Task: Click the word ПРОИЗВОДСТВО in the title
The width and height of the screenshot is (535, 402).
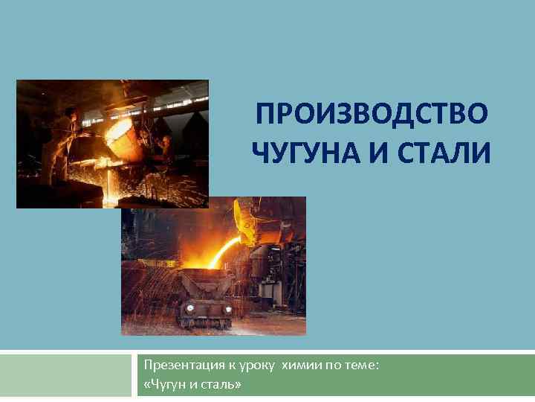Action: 372,115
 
